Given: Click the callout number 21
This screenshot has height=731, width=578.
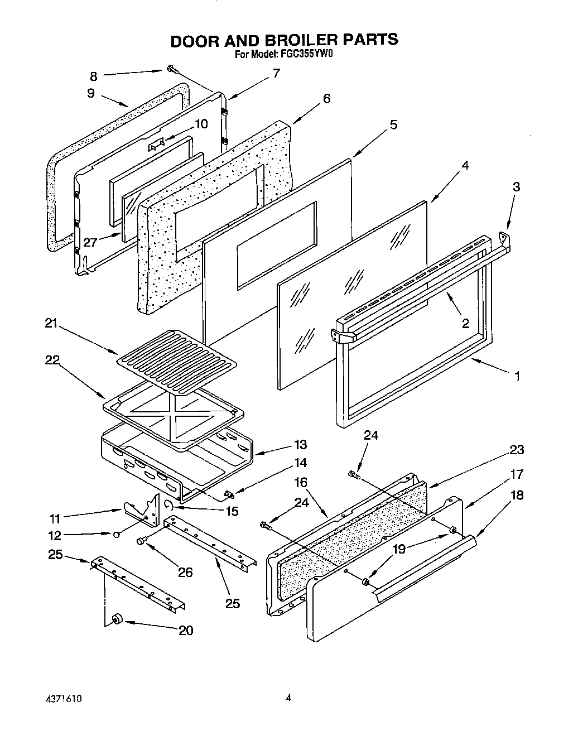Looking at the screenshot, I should click(51, 324).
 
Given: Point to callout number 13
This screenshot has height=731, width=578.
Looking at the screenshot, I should click(300, 445).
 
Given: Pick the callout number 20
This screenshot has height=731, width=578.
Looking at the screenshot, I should click(186, 630).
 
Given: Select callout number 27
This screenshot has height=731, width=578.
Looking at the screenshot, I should click(91, 242).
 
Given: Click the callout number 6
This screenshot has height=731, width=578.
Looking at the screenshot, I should click(326, 99).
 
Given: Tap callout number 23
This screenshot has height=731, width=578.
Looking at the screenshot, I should click(516, 450).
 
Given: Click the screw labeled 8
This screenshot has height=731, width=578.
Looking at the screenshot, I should click(171, 70).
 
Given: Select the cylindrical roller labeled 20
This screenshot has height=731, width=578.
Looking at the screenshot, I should click(118, 618).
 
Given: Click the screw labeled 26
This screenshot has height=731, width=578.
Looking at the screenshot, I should click(141, 540).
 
